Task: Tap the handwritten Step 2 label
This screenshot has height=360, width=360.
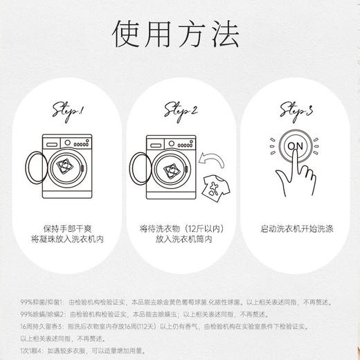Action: pos(181,111)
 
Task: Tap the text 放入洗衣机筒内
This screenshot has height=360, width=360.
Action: pos(180,240)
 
